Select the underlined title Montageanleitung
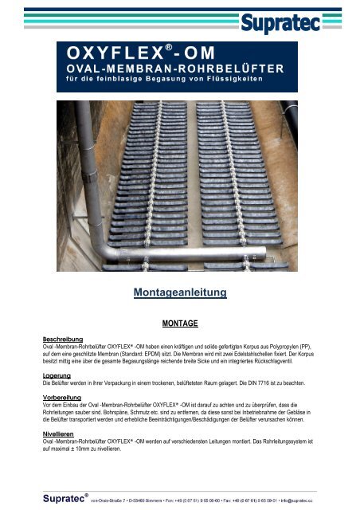pos(180,293)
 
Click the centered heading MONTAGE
pos(180,324)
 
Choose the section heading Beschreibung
pos(65,339)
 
